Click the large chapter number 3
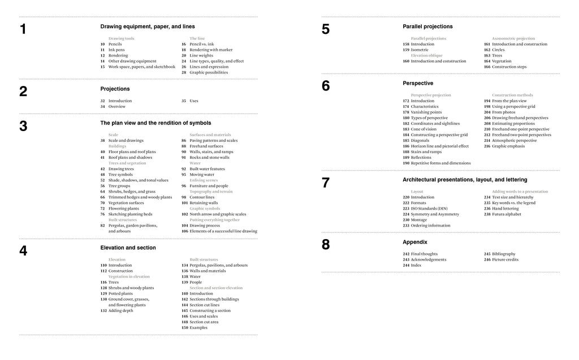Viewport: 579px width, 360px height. [x=23, y=126]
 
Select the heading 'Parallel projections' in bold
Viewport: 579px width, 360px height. [x=427, y=27]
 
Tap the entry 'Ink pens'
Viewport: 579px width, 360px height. [x=116, y=50]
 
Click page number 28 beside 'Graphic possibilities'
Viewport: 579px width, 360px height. [x=184, y=72]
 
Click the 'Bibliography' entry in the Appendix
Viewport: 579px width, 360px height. [x=504, y=254]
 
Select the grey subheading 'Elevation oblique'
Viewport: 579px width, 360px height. [x=427, y=55]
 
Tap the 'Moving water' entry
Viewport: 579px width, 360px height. [x=202, y=175]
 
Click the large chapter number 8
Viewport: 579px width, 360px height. [x=325, y=245]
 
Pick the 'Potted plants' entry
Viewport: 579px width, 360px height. [x=120, y=293]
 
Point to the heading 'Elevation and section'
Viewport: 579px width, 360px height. [x=128, y=248]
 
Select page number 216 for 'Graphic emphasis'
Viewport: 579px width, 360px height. [x=487, y=146]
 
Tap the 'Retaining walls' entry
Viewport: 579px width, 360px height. [x=204, y=203]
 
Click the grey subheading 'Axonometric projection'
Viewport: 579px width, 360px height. [x=513, y=38]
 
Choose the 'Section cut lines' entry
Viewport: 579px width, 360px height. [x=205, y=305]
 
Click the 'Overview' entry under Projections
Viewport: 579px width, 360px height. [x=117, y=106]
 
